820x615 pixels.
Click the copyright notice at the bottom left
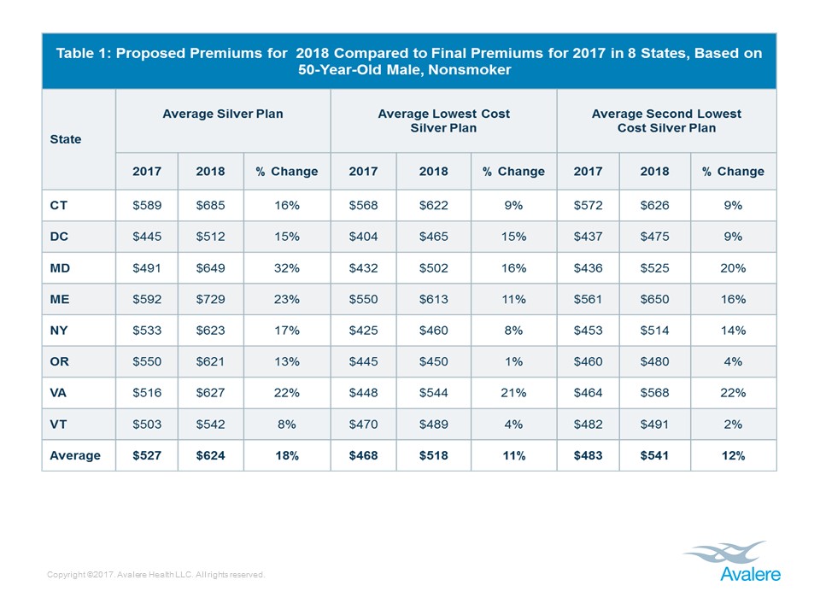[156, 575]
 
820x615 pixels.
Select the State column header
[66, 138]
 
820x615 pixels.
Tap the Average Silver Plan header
[223, 114]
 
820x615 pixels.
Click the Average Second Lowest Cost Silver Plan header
[666, 120]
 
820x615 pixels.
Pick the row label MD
[59, 267]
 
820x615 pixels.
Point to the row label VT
[58, 424]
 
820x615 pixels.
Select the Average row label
[74, 455]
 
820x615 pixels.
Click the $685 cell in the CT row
[210, 205]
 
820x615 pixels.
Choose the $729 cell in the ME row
[210, 299]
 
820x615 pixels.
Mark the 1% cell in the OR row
[513, 361]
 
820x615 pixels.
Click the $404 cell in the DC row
[363, 237]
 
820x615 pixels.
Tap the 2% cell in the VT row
[733, 424]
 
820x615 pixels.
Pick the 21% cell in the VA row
[513, 393]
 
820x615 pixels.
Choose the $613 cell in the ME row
[433, 299]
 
